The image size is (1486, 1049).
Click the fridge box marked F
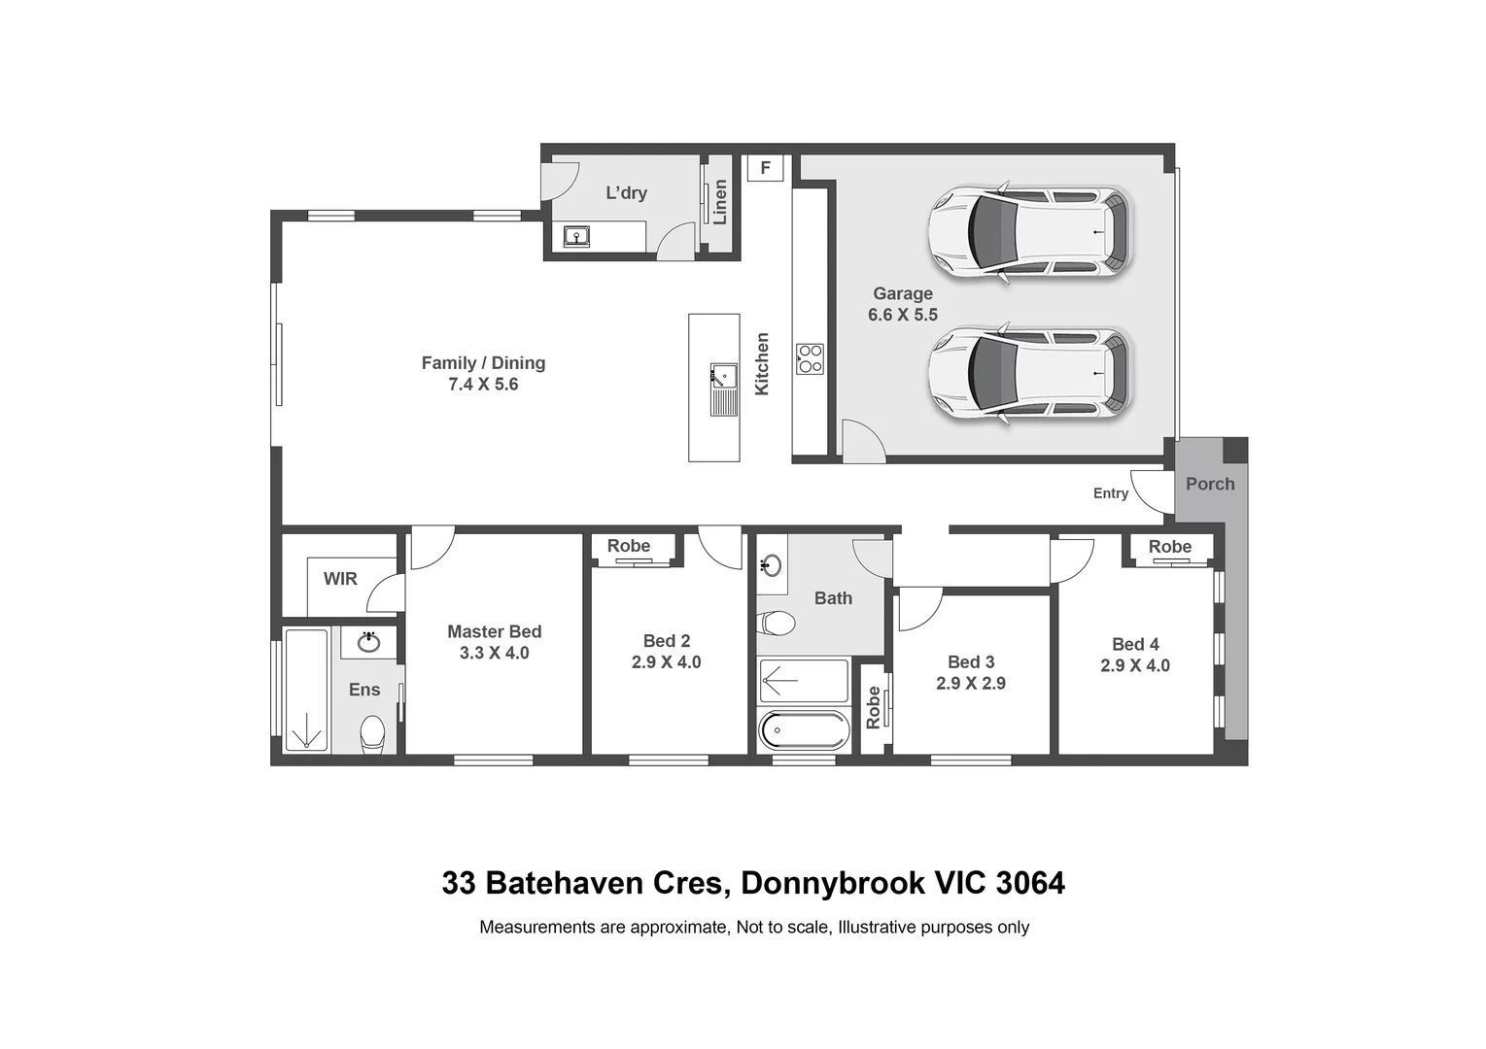click(x=765, y=168)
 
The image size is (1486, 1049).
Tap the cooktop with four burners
click(x=810, y=358)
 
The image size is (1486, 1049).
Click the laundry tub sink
click(x=576, y=235)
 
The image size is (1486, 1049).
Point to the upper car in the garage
click(x=1029, y=232)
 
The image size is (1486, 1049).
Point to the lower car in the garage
click(x=1029, y=373)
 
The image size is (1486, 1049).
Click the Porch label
click(x=1209, y=484)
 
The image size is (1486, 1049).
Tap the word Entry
click(x=1110, y=493)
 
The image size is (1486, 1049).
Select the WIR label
click(x=340, y=579)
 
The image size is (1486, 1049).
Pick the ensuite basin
click(x=368, y=642)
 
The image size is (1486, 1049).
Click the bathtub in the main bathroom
click(x=803, y=729)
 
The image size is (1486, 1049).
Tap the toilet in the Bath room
click(x=777, y=622)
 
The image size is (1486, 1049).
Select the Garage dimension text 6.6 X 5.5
click(x=902, y=315)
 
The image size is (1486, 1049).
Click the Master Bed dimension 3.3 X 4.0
click(x=494, y=653)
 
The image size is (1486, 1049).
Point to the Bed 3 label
click(x=970, y=661)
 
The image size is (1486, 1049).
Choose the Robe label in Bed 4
click(x=1169, y=547)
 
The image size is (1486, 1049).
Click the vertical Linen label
click(x=720, y=201)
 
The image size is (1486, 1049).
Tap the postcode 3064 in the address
click(x=1030, y=883)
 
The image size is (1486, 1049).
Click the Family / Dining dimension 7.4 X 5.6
click(x=483, y=385)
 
